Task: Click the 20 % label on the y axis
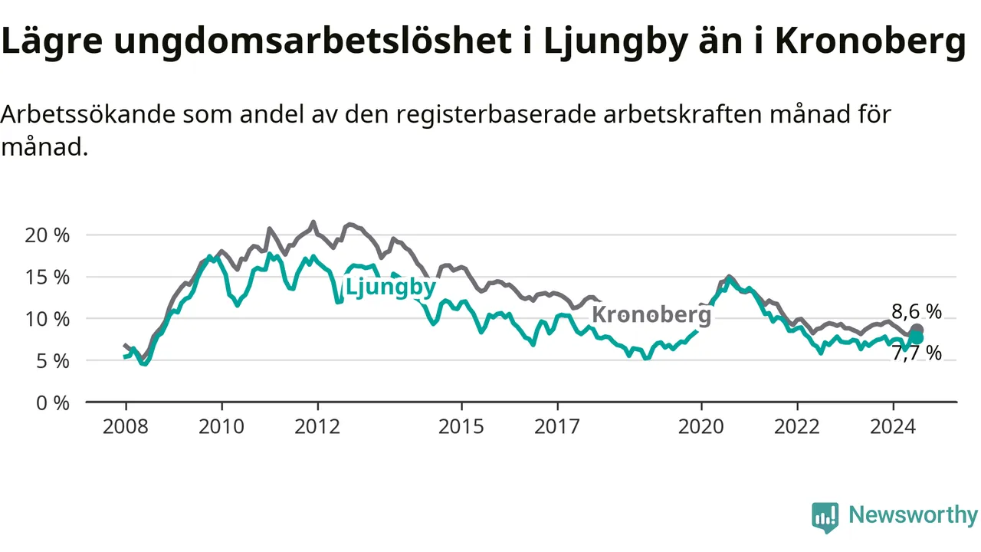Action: pos(47,235)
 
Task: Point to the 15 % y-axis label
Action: pos(47,278)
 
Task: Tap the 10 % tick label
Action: pos(47,320)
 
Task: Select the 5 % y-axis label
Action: pos(53,361)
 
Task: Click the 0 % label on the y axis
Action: pos(53,403)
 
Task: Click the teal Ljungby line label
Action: pos(391,287)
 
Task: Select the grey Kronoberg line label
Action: pos(651,314)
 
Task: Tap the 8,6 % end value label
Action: pos(917,312)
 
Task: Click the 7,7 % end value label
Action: pos(917,353)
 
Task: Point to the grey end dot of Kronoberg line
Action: pos(917,330)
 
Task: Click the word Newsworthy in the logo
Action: pos(914,514)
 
